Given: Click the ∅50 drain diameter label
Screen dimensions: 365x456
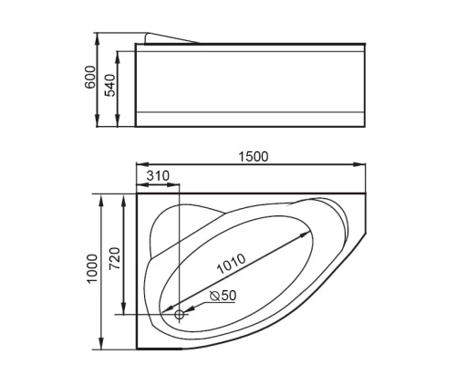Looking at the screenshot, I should tap(223, 296).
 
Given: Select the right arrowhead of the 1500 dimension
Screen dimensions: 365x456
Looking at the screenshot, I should tap(361, 165).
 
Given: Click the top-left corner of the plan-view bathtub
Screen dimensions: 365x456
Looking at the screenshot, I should tap(136, 193).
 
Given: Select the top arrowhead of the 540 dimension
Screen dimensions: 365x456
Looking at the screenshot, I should tap(119, 45).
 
